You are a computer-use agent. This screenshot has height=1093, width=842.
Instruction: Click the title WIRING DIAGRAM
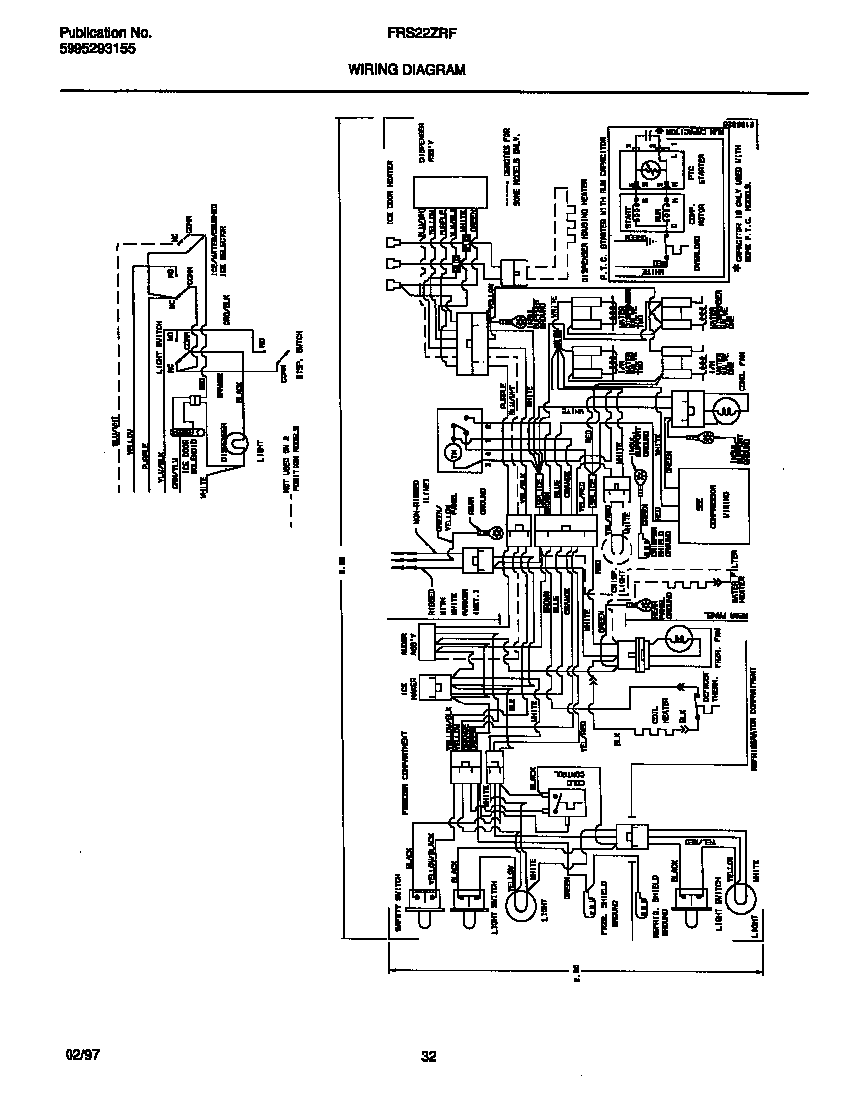[x=405, y=70]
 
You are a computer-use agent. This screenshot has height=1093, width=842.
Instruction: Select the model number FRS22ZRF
[x=414, y=32]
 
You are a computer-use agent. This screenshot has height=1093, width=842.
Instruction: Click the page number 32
[x=428, y=1057]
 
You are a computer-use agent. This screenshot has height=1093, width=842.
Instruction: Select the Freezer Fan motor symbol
[x=677, y=636]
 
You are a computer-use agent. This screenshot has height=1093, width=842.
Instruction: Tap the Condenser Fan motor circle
[x=725, y=409]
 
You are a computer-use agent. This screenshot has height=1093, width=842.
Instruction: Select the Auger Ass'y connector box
[x=433, y=635]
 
